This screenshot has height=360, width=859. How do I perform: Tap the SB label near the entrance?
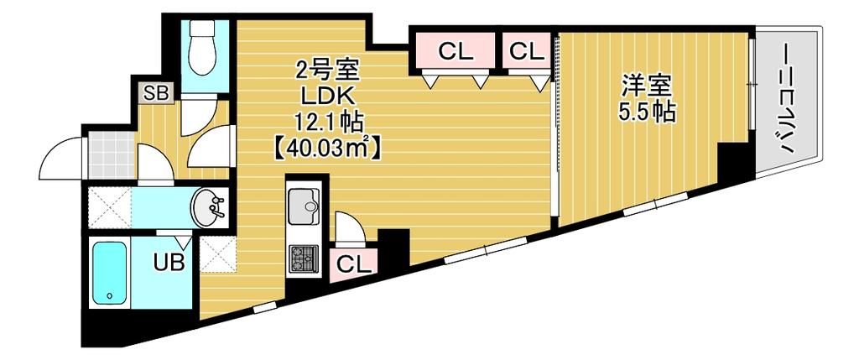[156, 91]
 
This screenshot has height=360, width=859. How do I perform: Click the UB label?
[169, 262]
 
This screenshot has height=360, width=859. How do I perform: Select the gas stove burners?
[303, 257]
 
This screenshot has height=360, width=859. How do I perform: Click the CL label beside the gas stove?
[353, 263]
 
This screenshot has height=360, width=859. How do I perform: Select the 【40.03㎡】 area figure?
[327, 148]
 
